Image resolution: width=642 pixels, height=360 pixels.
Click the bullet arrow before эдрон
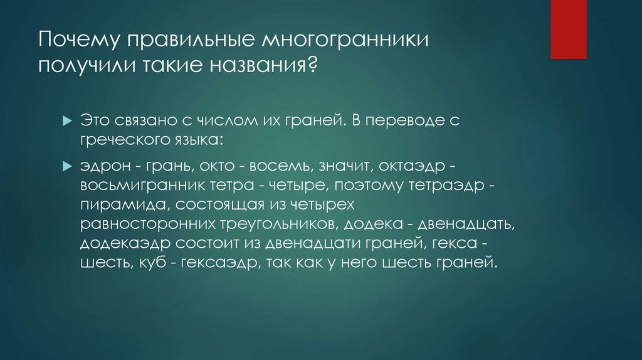point(68,167)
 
